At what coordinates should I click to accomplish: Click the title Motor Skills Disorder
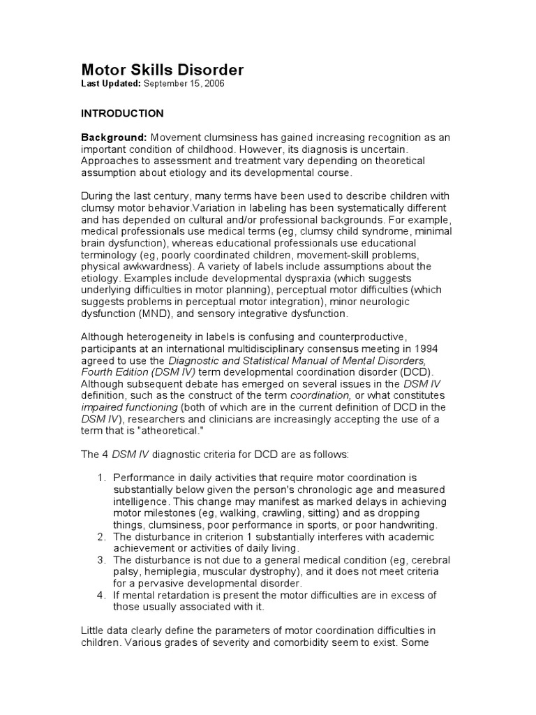163,70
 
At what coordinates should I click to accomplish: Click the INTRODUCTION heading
122,113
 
